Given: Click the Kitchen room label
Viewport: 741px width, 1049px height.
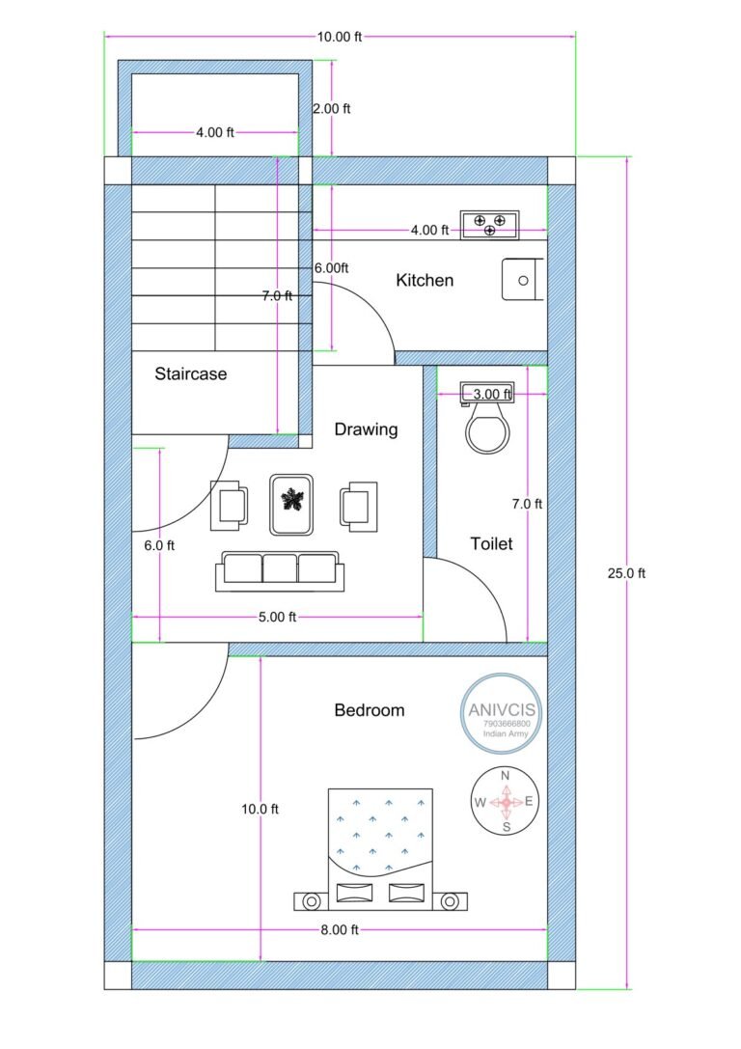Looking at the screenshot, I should (425, 281).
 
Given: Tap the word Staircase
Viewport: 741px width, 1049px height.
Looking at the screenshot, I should (191, 374).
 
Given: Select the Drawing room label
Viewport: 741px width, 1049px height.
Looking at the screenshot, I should (366, 429).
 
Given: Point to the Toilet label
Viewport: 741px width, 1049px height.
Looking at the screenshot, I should (491, 544).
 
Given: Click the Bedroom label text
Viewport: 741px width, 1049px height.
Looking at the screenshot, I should (370, 710).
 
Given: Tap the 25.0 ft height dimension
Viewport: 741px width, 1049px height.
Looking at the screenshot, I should (626, 572).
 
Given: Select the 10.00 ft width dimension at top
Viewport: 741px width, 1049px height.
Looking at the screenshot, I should (340, 37).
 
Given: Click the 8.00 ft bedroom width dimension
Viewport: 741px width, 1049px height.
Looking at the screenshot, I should (340, 929).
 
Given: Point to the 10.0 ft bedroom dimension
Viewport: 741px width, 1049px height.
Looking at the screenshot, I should (260, 810).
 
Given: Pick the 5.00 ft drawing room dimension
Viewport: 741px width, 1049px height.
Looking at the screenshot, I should (278, 617).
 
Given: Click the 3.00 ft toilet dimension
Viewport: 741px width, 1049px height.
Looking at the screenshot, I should (491, 394).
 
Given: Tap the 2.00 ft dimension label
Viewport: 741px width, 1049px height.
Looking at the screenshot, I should (332, 109).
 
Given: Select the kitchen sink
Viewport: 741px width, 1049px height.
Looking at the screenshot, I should (522, 280).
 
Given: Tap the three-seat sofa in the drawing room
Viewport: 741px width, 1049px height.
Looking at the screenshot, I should (278, 569).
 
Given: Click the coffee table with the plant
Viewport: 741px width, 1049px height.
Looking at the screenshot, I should (290, 503).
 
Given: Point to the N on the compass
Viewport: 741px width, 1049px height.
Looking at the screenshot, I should (506, 775).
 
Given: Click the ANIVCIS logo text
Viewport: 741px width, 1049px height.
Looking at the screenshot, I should (503, 709).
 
